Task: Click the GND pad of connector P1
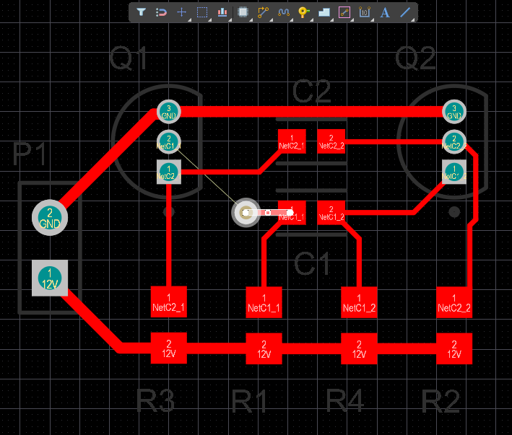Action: pyautogui.click(x=49, y=217)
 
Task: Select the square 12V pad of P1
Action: pyautogui.click(x=49, y=277)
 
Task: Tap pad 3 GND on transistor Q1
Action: pyautogui.click(x=168, y=112)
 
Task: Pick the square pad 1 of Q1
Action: pyautogui.click(x=168, y=172)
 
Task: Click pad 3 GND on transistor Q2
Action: pyautogui.click(x=454, y=112)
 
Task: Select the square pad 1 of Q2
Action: pyautogui.click(x=454, y=172)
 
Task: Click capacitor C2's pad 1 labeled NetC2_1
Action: pyautogui.click(x=291, y=141)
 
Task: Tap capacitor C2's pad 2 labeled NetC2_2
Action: pyautogui.click(x=331, y=141)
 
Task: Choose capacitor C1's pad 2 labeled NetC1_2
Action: pyautogui.click(x=331, y=212)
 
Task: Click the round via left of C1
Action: pyautogui.click(x=246, y=212)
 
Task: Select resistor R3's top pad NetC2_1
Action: pyautogui.click(x=168, y=302)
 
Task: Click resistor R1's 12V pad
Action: pyautogui.click(x=264, y=349)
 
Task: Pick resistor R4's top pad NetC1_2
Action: pyautogui.click(x=359, y=302)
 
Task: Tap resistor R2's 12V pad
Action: pyautogui.click(x=454, y=349)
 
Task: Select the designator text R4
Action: pyautogui.click(x=345, y=401)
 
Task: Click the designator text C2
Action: pyautogui.click(x=311, y=92)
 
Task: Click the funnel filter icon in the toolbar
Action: pyautogui.click(x=142, y=12)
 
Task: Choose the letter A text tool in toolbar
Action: pyautogui.click(x=385, y=12)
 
